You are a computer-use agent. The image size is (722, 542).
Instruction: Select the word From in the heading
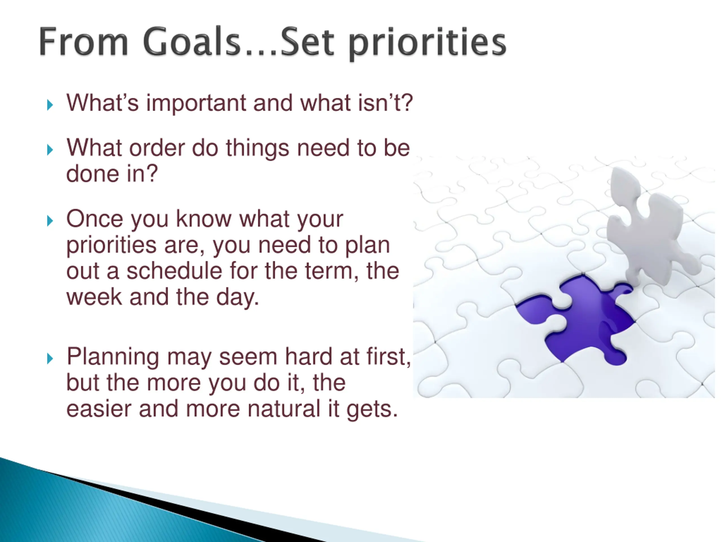click(x=83, y=42)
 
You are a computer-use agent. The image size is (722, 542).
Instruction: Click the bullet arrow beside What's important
click(x=50, y=105)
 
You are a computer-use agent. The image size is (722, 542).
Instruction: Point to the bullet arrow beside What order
click(x=50, y=150)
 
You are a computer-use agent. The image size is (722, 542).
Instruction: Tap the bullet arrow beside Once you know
click(x=50, y=221)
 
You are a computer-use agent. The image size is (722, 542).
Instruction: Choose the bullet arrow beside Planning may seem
click(x=50, y=359)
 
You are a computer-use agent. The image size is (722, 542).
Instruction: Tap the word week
click(x=94, y=297)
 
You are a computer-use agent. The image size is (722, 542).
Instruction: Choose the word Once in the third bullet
click(x=95, y=218)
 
